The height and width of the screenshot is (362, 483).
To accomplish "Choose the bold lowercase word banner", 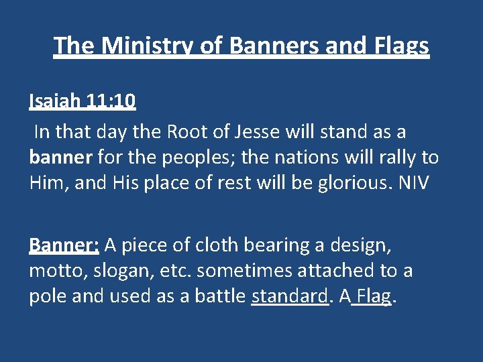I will (x=61, y=158).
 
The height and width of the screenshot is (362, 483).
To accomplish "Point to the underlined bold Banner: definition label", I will (x=64, y=246).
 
